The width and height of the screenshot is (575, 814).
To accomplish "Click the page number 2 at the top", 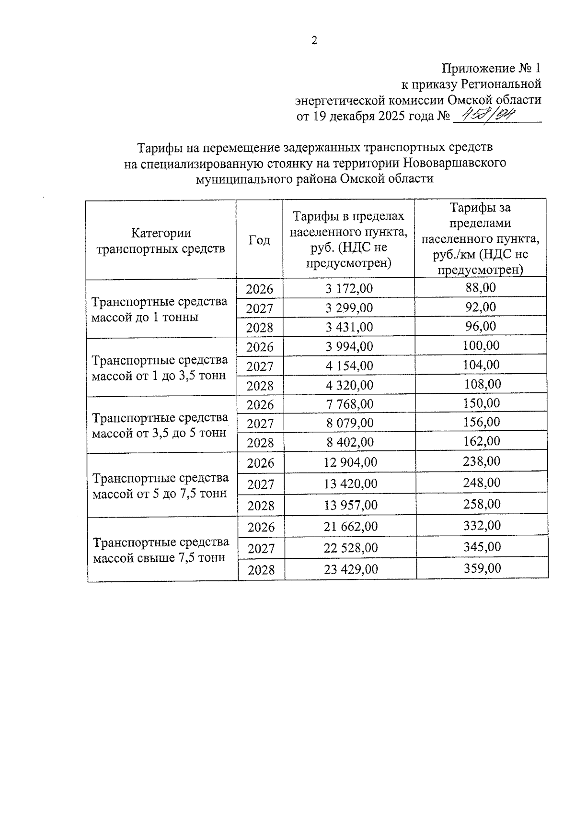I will (x=314, y=41).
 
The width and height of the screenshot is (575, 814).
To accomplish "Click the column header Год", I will (x=259, y=240).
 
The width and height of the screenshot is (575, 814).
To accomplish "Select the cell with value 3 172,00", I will (x=349, y=289).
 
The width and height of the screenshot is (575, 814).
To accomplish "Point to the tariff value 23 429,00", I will (x=351, y=569).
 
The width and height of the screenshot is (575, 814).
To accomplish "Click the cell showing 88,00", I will (x=481, y=288).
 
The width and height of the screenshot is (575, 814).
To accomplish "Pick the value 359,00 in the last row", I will (x=482, y=568).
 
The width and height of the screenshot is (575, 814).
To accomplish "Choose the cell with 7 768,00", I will (x=350, y=404).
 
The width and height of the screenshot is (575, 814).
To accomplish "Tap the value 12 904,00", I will (x=350, y=462).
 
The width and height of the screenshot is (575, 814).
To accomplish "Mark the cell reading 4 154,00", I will (x=349, y=366).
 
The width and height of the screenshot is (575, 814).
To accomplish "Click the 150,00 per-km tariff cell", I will (x=481, y=403).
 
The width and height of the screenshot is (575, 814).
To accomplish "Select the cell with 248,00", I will (x=482, y=483).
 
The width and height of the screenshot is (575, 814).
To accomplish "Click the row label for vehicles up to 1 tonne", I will (x=160, y=309).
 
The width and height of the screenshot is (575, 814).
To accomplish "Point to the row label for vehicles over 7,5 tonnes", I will (x=161, y=550).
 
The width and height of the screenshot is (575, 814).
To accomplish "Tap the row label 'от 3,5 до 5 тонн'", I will (x=160, y=425).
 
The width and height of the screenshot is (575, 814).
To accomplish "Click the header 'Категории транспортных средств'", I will (x=161, y=241).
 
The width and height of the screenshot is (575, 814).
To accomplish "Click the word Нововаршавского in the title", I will (x=454, y=163).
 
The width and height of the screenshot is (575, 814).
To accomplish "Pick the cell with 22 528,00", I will (x=351, y=548).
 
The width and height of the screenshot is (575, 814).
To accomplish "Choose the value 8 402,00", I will (x=350, y=442).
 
